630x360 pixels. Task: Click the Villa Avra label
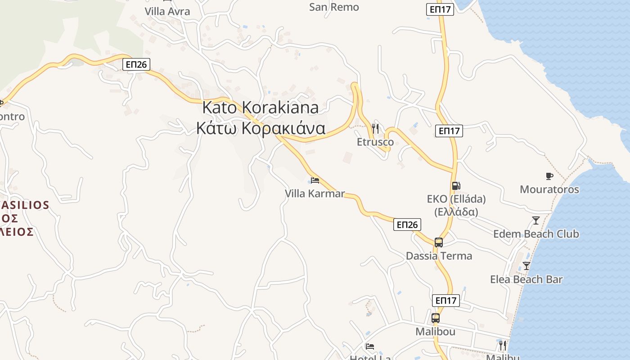(167, 11)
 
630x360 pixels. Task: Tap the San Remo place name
(334, 7)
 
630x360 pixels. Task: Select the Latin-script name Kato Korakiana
(261, 108)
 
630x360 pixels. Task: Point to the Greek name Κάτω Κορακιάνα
(261, 128)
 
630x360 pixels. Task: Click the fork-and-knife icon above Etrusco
(375, 129)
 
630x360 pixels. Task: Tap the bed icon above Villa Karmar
(315, 180)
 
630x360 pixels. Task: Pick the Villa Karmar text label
(315, 193)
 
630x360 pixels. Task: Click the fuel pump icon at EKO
(456, 185)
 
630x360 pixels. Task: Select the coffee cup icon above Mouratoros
(549, 176)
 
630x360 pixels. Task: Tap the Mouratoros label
(549, 189)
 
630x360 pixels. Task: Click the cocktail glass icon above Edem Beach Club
(536, 220)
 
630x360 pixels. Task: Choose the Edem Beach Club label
(536, 234)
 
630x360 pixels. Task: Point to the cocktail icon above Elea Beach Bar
(526, 266)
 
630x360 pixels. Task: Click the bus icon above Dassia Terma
(439, 243)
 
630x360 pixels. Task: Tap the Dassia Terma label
(439, 256)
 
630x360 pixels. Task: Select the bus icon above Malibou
(435, 318)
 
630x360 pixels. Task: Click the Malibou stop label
(435, 332)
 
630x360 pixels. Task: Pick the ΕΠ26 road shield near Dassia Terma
(407, 225)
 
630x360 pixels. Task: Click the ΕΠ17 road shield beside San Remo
(440, 9)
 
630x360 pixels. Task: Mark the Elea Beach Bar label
(526, 279)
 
